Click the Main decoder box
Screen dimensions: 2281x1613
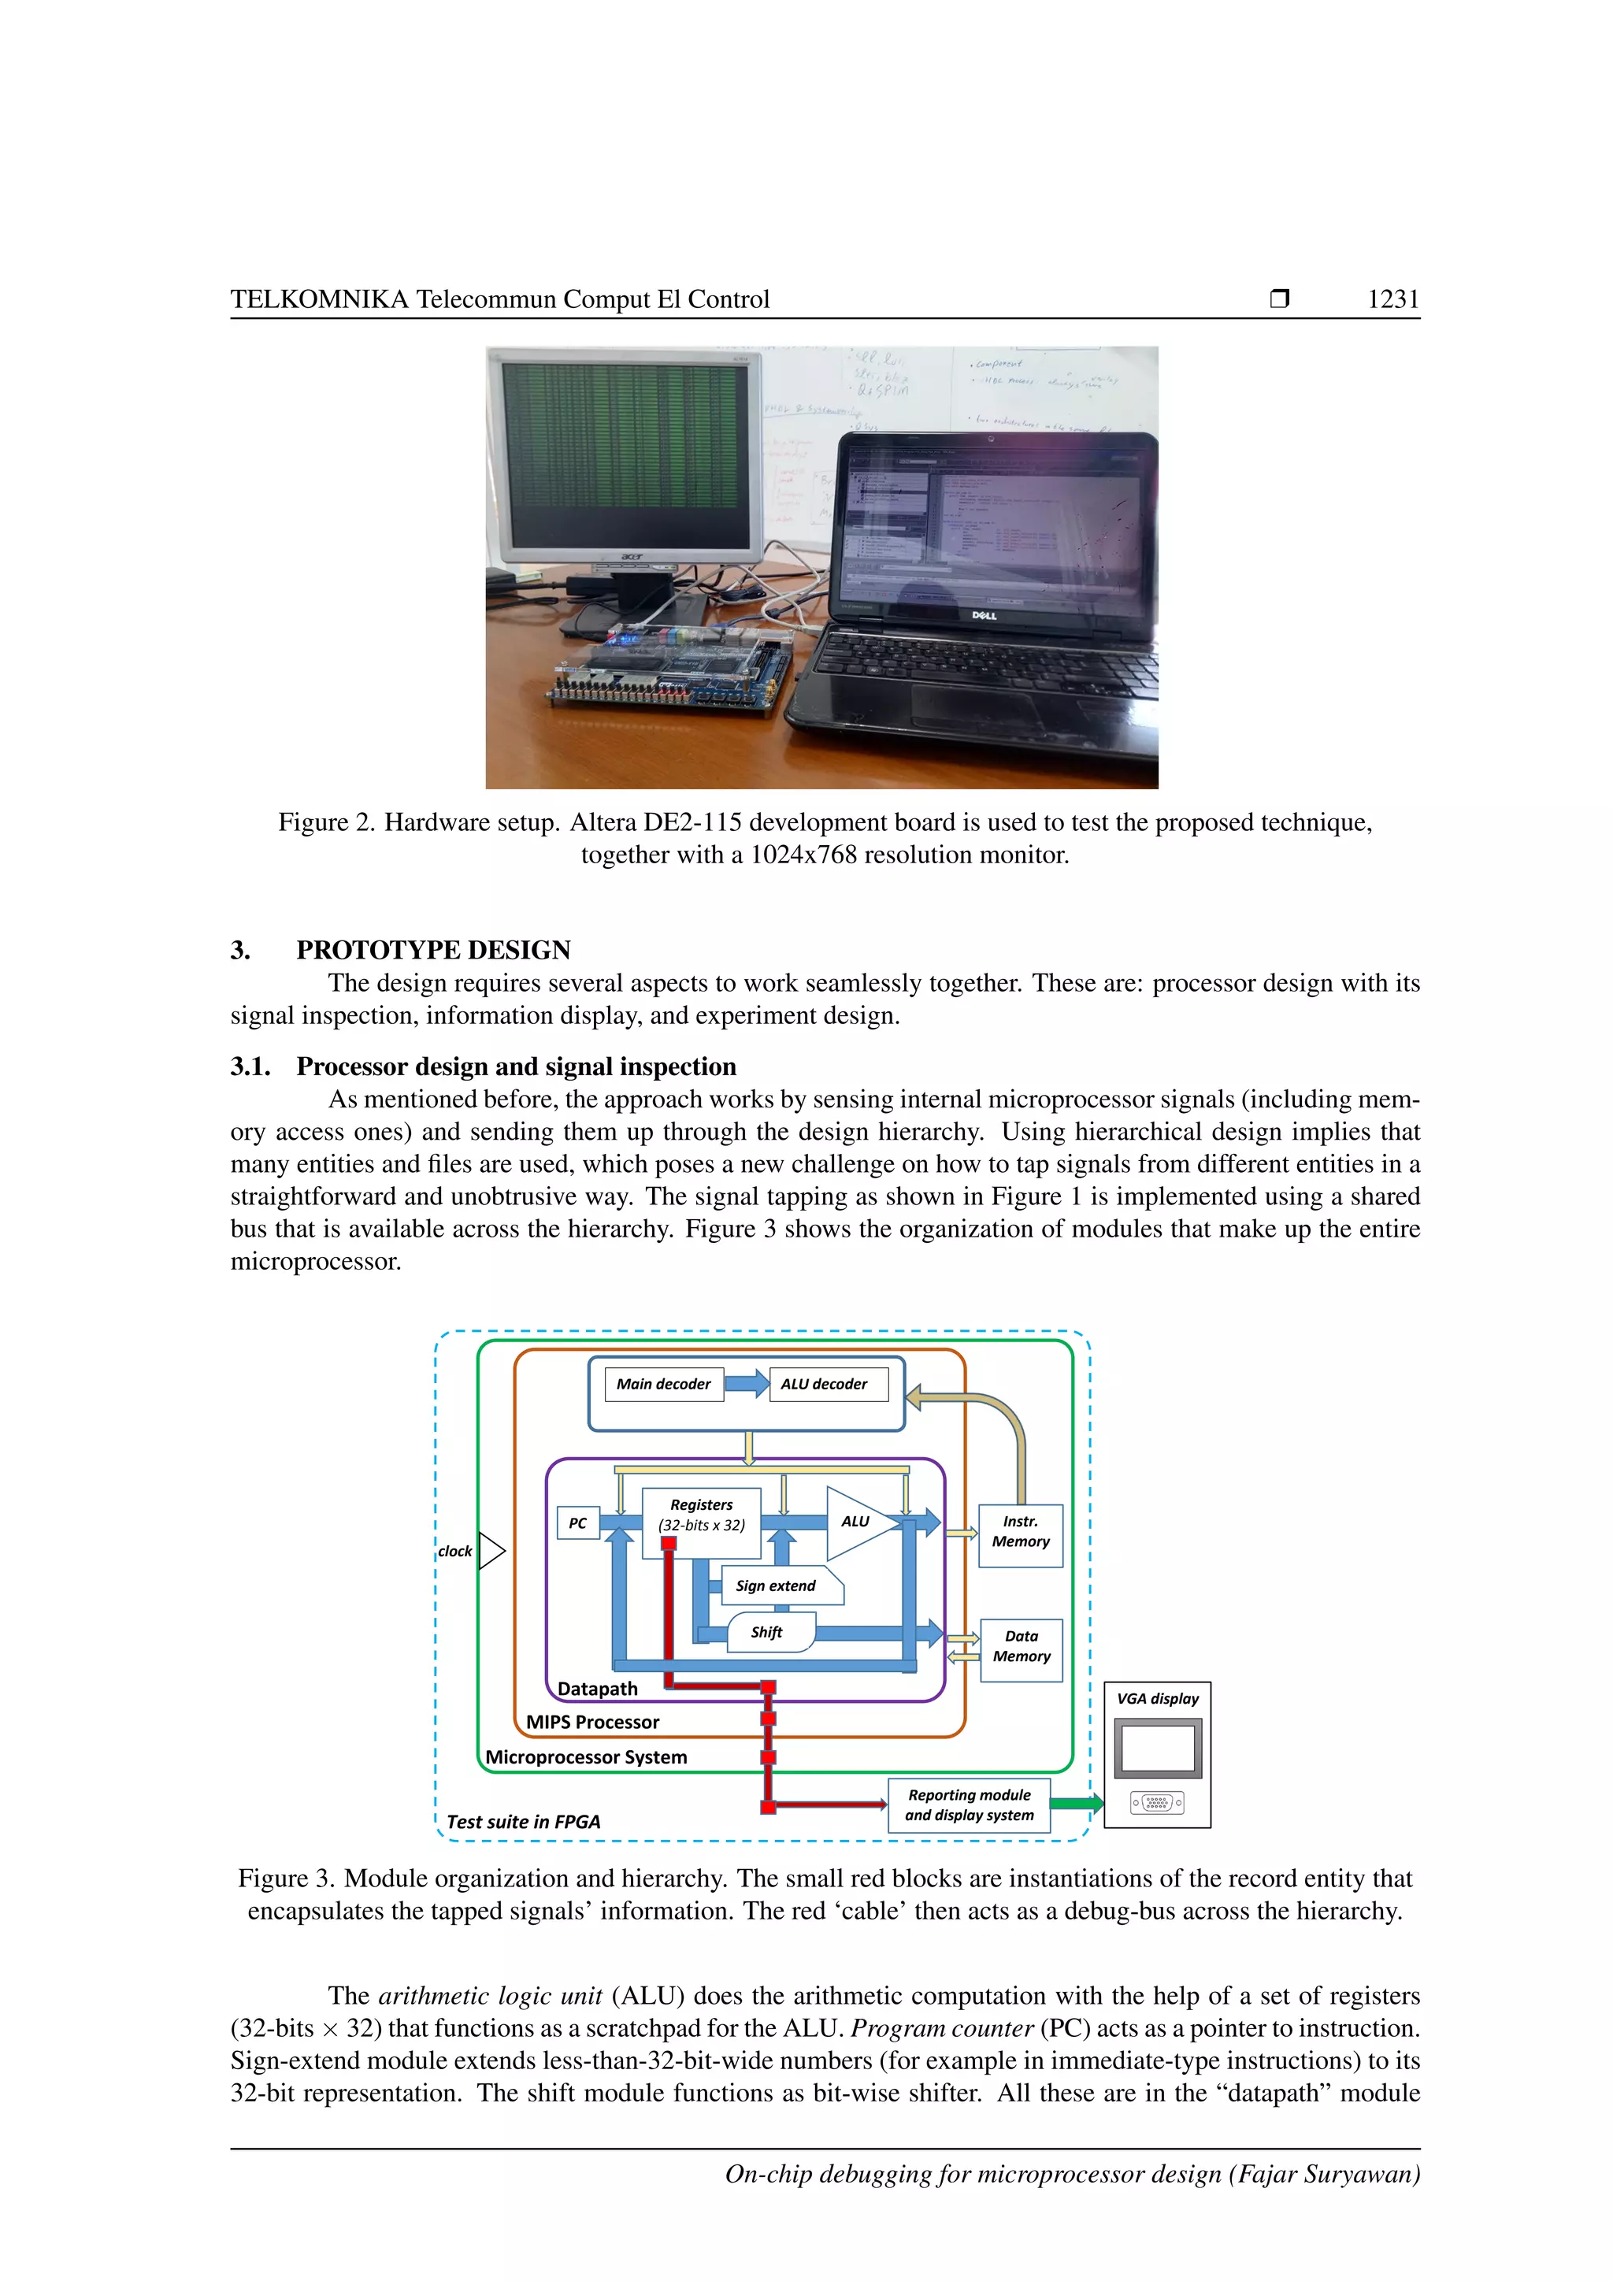(663, 1384)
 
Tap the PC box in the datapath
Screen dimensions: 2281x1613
(578, 1523)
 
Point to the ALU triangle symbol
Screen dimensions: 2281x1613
(857, 1523)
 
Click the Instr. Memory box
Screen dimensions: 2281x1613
(1020, 1535)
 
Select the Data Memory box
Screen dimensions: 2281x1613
(1021, 1650)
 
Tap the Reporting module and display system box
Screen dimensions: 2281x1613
(969, 1805)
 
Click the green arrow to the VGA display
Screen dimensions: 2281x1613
(1077, 1803)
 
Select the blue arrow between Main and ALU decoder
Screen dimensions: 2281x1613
(746, 1383)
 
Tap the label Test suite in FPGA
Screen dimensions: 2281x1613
(524, 1822)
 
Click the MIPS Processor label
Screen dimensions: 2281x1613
(592, 1722)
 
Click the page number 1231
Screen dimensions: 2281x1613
(1392, 299)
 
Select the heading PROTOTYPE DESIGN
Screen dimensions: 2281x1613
(433, 950)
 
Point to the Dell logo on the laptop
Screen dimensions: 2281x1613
(983, 616)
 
